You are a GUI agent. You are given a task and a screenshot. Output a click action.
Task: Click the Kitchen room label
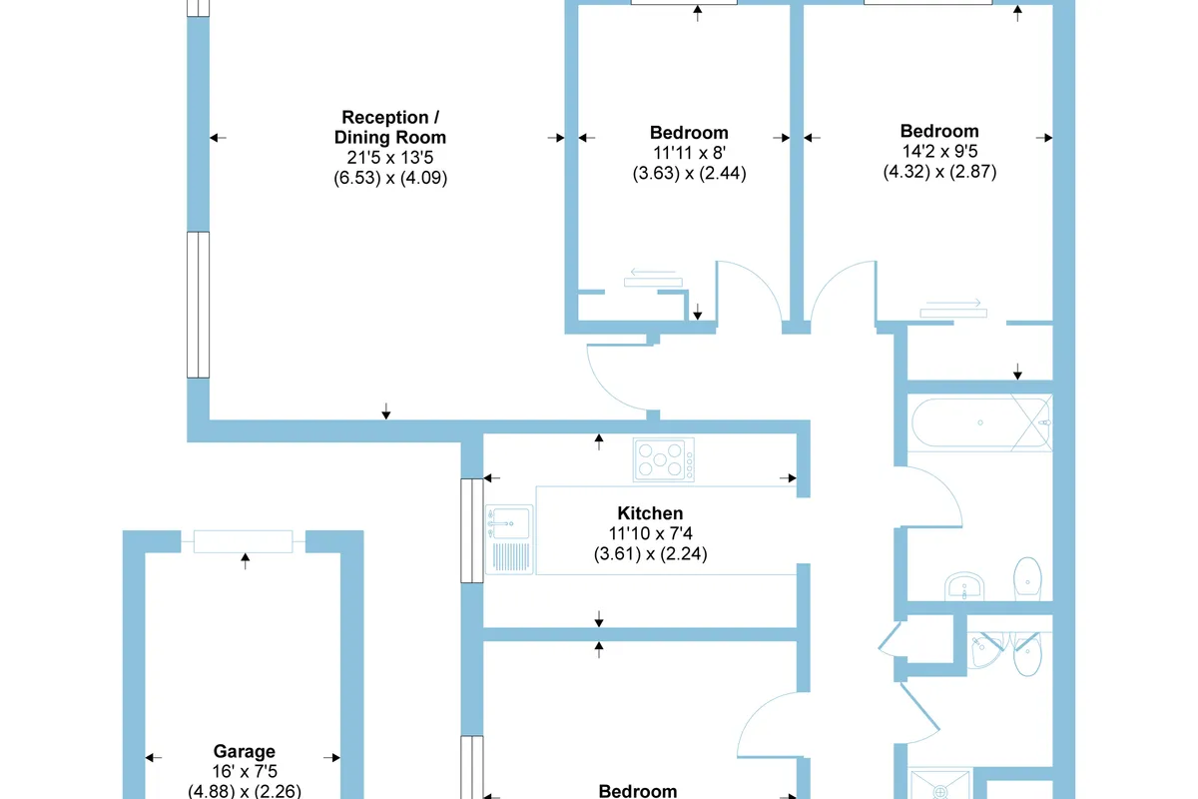[x=650, y=513]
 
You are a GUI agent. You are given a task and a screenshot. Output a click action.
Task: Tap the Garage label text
[x=244, y=751]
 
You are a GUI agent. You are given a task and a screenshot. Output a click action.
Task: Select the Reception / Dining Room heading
[x=390, y=127]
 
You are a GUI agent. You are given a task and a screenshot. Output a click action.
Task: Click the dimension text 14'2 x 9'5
[x=939, y=152]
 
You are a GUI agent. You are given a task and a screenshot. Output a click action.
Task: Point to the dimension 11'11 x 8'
[x=689, y=153]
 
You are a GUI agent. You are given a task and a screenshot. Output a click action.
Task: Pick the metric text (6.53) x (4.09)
[x=390, y=177]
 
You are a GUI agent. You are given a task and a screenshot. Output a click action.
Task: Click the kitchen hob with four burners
[x=663, y=459]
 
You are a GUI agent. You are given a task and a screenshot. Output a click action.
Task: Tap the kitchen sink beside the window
[x=509, y=539]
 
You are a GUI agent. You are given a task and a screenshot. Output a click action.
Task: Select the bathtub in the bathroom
[x=980, y=422]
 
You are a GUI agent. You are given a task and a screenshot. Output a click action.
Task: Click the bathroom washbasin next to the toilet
[x=964, y=586]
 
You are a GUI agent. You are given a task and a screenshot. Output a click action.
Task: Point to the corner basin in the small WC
[x=984, y=649]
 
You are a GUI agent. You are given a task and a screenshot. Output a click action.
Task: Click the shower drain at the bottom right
[x=939, y=790]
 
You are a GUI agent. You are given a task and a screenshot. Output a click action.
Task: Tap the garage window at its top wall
[x=244, y=541]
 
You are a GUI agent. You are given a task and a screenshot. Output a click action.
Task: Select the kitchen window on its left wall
[x=471, y=530]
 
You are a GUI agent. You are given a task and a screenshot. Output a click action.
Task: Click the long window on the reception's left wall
[x=198, y=305]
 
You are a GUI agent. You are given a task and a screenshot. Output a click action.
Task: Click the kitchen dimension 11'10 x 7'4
[x=650, y=533]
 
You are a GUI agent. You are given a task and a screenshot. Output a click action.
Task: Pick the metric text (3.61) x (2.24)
[x=650, y=553]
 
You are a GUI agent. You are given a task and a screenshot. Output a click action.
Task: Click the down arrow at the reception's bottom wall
[x=386, y=411]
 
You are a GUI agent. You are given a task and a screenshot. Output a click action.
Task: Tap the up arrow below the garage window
[x=245, y=561]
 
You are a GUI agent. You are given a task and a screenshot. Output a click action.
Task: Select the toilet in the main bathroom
[x=1027, y=578]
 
